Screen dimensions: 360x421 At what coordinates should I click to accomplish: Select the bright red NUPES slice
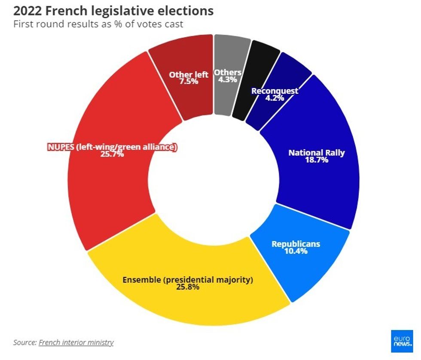[107, 180]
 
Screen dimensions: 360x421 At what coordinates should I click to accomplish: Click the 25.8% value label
[188, 287]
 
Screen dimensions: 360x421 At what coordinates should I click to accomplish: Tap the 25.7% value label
[113, 154]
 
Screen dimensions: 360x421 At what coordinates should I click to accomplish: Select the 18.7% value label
[317, 160]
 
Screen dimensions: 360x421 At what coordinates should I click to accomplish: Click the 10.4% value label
[296, 251]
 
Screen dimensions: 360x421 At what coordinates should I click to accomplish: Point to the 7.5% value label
[188, 81]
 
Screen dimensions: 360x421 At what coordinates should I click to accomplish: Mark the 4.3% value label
[228, 79]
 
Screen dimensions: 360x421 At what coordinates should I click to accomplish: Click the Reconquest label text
[275, 91]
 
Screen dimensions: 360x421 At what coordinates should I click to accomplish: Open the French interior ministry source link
[76, 342]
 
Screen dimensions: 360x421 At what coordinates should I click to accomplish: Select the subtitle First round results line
[98, 24]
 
